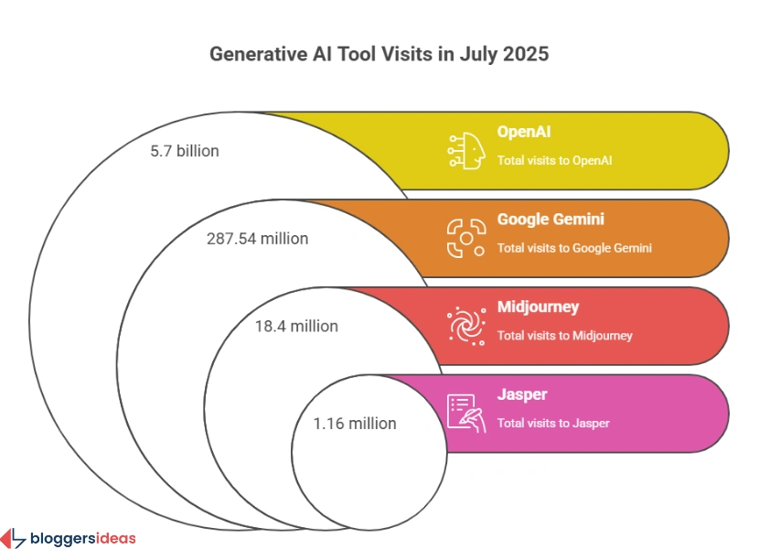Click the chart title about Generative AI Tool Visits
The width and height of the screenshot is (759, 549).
[x=379, y=54]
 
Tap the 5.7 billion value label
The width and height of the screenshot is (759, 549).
[x=185, y=151]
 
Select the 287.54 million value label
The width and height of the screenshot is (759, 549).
[x=257, y=239]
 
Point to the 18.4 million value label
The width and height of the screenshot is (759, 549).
[x=296, y=326]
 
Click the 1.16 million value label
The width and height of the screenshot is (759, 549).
[x=355, y=424]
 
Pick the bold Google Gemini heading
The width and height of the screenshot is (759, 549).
[x=551, y=220]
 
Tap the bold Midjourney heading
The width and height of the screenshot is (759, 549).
[x=538, y=307]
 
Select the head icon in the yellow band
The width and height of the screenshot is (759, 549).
[x=465, y=150]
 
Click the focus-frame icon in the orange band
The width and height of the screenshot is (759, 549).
[x=465, y=238]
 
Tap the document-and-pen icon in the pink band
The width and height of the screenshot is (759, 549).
[x=465, y=413]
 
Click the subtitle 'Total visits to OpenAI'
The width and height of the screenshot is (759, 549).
[x=554, y=161]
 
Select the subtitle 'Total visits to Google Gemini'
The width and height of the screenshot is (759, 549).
[x=574, y=248]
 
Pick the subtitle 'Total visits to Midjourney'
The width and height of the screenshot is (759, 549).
[x=564, y=336]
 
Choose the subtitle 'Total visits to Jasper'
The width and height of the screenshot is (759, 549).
[x=553, y=424]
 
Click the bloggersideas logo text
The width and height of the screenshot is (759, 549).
[x=82, y=537]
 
